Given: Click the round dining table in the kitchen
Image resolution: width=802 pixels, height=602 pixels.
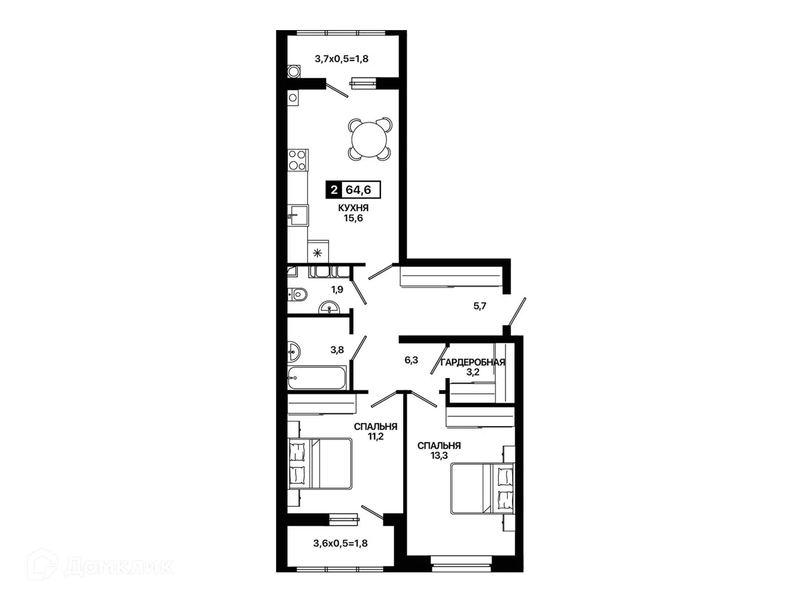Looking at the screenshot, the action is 369,139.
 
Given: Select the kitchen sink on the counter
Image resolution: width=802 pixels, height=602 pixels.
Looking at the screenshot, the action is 298,216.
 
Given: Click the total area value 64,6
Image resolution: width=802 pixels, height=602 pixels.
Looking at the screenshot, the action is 359,190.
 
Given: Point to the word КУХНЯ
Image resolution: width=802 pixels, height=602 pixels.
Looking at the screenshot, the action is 353,208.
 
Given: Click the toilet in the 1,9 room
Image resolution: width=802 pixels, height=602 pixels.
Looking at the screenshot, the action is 297,294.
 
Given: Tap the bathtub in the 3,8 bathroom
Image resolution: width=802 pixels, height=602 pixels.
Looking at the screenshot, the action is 316,377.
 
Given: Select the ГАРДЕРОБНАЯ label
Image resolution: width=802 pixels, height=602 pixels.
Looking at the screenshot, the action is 473,362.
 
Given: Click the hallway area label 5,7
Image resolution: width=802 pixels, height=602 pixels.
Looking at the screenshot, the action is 480,306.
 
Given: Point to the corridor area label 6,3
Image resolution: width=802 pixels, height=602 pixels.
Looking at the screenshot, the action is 411,360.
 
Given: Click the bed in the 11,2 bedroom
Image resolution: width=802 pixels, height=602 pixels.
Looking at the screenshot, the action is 320,464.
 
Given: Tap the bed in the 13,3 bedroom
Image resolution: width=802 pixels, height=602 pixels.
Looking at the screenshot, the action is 482,488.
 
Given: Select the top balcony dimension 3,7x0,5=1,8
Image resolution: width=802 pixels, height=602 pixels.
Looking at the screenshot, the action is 341,59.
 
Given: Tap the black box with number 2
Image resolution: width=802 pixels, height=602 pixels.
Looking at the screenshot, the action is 333,190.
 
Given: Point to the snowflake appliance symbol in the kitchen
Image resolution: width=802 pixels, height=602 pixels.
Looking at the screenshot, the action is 317,253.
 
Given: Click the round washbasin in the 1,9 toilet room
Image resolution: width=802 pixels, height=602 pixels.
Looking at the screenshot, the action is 329,308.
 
